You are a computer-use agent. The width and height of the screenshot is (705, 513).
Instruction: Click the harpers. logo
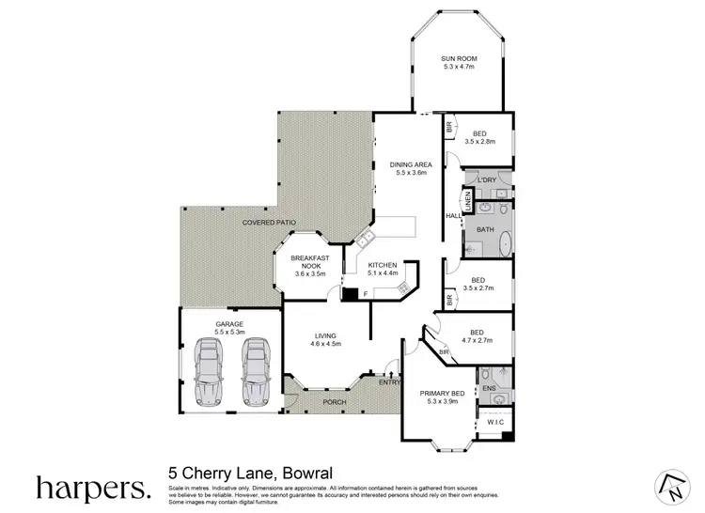click(x=92, y=488)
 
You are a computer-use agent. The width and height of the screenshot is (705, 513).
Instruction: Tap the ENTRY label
click(x=388, y=381)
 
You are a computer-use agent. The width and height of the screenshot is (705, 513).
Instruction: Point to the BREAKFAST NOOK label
click(x=309, y=262)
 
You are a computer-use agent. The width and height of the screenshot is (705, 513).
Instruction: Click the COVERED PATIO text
click(x=269, y=223)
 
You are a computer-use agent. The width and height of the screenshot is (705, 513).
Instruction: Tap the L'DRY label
click(x=486, y=179)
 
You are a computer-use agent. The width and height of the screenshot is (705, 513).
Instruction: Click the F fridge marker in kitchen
click(x=364, y=295)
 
